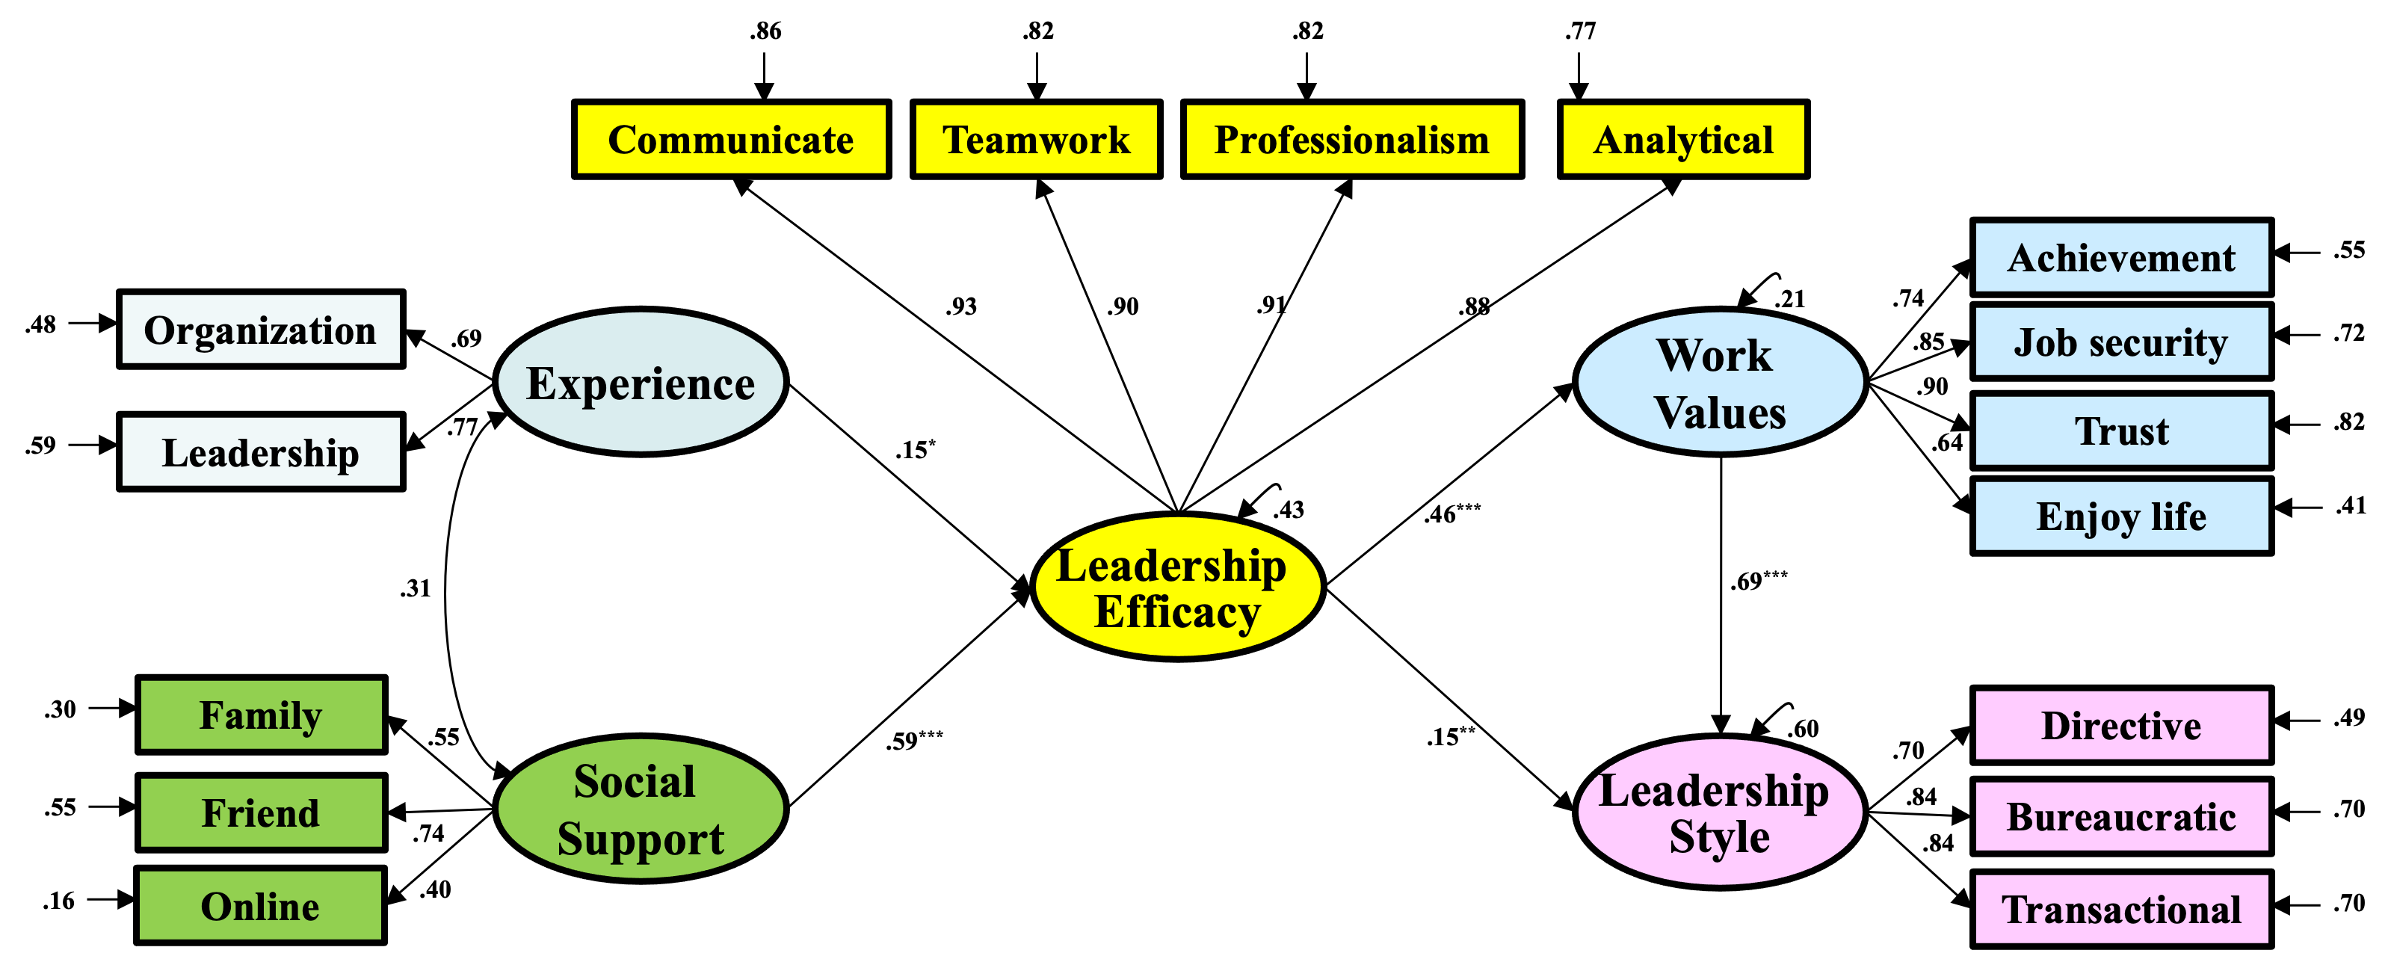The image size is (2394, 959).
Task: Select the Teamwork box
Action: pyautogui.click(x=1036, y=139)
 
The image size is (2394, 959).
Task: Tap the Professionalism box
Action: pyautogui.click(x=1352, y=139)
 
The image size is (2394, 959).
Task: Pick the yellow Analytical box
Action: pyautogui.click(x=1683, y=139)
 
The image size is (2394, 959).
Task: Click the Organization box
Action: pyautogui.click(x=260, y=329)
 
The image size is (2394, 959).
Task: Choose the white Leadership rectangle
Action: pyautogui.click(x=260, y=451)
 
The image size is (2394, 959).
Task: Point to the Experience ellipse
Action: pyautogui.click(x=641, y=382)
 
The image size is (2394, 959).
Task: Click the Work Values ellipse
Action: pyautogui.click(x=1721, y=382)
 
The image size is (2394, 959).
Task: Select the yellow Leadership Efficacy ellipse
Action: pyautogui.click(x=1177, y=586)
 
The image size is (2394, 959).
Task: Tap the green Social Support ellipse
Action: pyautogui.click(x=641, y=809)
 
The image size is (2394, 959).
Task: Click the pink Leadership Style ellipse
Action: pyautogui.click(x=1721, y=811)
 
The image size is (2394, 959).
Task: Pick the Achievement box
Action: pyautogui.click(x=2122, y=257)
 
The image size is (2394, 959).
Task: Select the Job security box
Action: pyautogui.click(x=2122, y=342)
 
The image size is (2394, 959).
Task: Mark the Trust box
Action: pyautogui.click(x=2122, y=431)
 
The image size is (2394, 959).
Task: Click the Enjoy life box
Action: pyautogui.click(x=2122, y=516)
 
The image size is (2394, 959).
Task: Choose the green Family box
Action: pyautogui.click(x=261, y=715)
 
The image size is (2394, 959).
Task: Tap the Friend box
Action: pyautogui.click(x=261, y=812)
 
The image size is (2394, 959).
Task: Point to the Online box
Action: pyautogui.click(x=260, y=905)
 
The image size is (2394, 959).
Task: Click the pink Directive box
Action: pyautogui.click(x=2122, y=725)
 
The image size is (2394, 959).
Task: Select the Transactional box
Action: pyautogui.click(x=2122, y=909)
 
